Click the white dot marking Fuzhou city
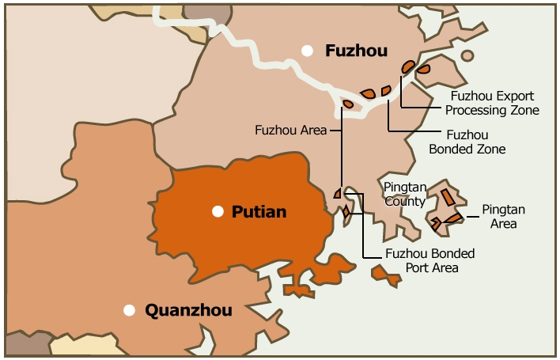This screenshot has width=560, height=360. pos(307,51)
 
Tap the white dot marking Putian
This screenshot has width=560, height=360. pos(218,211)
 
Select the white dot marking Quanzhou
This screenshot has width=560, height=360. pos(129,310)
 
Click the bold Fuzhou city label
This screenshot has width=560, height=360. pos(356,51)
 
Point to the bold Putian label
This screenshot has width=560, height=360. pos(259,212)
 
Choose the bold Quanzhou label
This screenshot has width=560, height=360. pos(188,311)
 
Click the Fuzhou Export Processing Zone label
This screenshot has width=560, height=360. pos(494,103)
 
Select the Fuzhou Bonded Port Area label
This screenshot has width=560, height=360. pos(429,260)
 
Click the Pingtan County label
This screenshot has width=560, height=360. pos(406,193)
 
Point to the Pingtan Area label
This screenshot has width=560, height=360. pos(503,217)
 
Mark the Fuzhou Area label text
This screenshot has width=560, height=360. pos(290,130)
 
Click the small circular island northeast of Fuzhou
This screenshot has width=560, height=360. pos(467,56)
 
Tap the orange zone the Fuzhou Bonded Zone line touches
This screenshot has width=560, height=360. pos(386,91)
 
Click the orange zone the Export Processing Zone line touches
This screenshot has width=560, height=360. pos(408,66)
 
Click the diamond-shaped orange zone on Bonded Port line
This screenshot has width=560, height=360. pos(346,211)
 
